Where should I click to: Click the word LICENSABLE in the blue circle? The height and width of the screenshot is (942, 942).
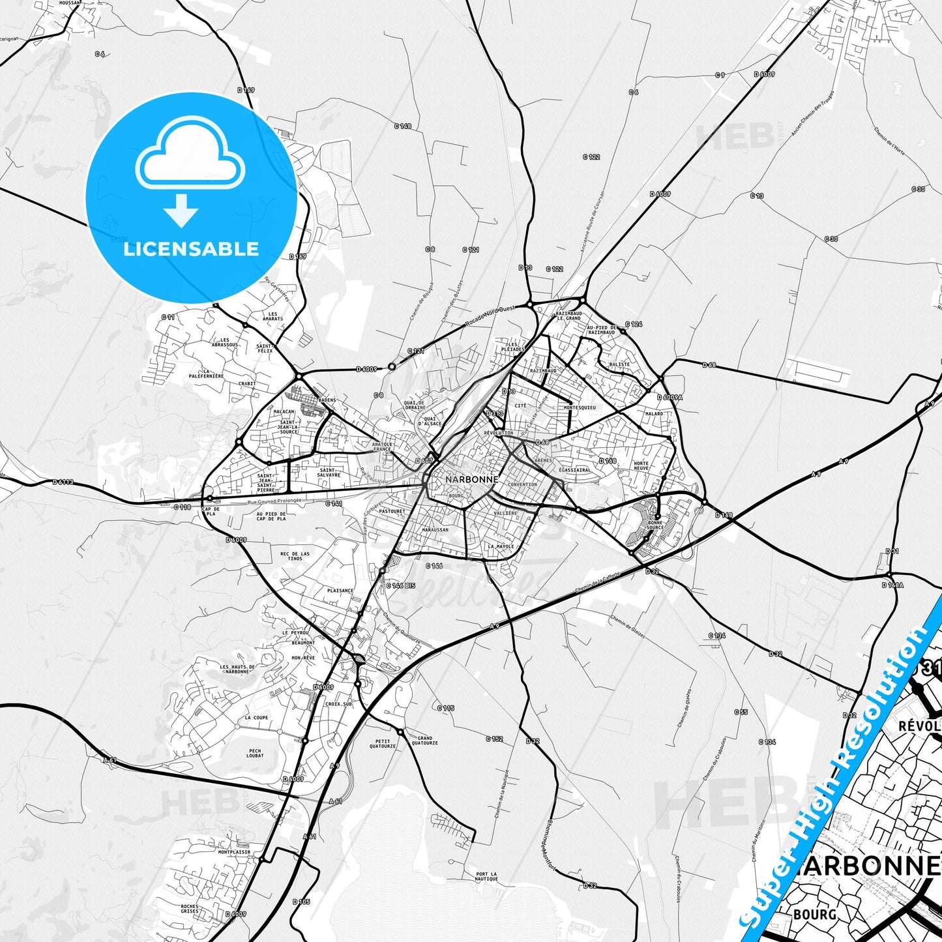click(191, 248)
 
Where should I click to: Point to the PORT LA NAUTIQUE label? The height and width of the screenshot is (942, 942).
click(487, 877)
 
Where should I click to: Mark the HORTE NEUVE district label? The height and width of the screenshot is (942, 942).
click(641, 466)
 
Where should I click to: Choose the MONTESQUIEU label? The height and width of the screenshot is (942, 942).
click(580, 407)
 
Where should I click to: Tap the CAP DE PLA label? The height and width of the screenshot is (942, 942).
click(210, 510)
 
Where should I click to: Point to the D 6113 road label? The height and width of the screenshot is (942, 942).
click(63, 482)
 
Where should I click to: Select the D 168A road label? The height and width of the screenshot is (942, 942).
click(892, 585)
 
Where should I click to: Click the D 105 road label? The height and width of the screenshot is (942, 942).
click(301, 902)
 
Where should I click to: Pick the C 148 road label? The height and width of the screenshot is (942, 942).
click(402, 126)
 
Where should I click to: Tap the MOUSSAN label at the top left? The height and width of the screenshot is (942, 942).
click(69, 3)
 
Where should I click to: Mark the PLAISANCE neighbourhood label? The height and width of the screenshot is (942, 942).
click(340, 591)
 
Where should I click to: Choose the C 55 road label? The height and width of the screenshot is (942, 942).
click(741, 712)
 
